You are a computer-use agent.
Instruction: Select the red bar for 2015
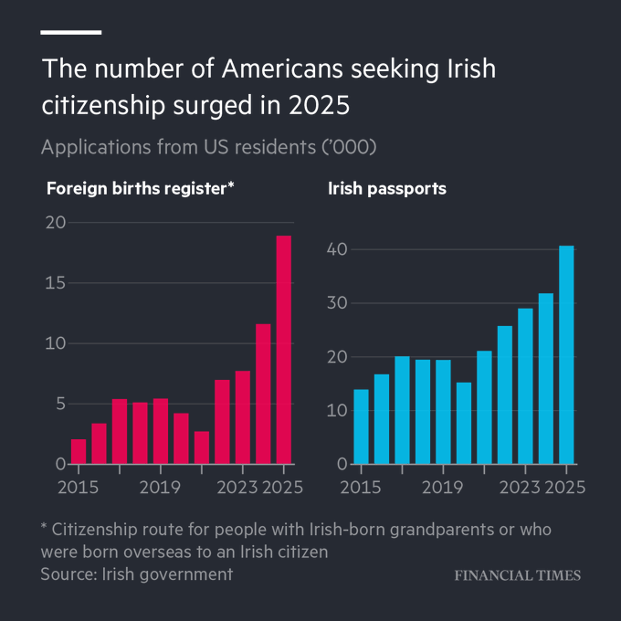pyautogui.click(x=79, y=451)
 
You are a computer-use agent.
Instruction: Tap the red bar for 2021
pyautogui.click(x=202, y=447)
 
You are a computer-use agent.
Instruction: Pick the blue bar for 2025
pyautogui.click(x=566, y=355)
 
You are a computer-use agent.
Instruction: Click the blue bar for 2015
pyautogui.click(x=361, y=426)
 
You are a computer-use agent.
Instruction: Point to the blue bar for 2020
pyautogui.click(x=464, y=423)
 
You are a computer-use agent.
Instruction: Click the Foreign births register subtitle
pyautogui.click(x=141, y=189)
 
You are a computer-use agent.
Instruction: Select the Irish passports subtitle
pyautogui.click(x=387, y=189)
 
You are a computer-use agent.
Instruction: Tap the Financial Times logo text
pyautogui.click(x=518, y=575)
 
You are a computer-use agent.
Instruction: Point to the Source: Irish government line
pyautogui.click(x=136, y=574)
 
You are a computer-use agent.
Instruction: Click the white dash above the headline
pyautogui.click(x=70, y=32)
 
